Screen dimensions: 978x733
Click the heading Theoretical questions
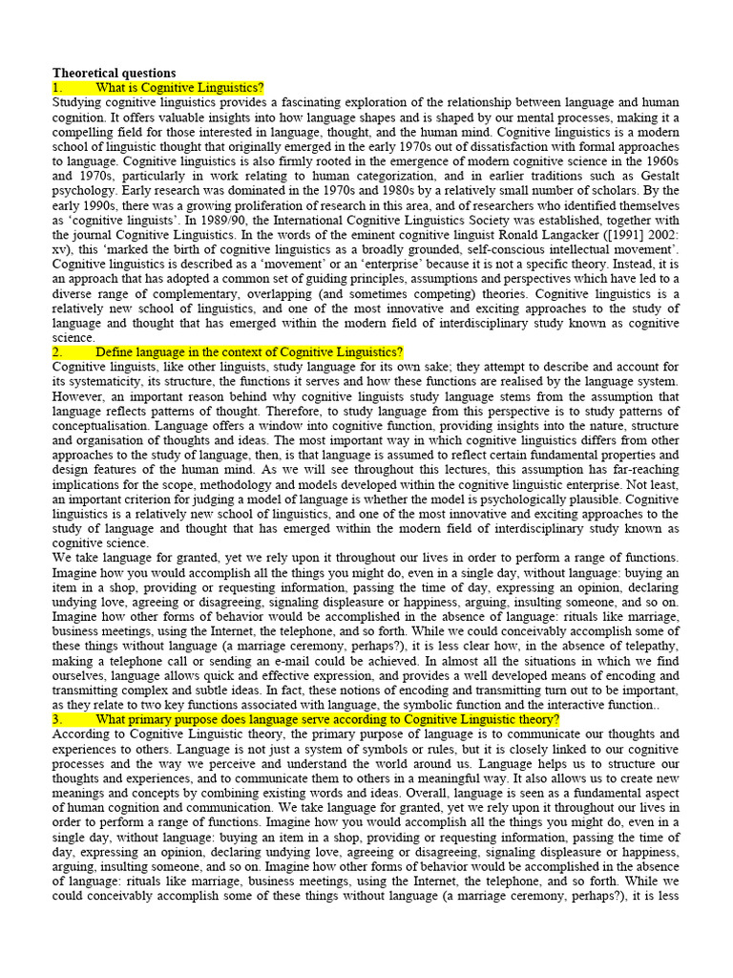pos(114,73)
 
